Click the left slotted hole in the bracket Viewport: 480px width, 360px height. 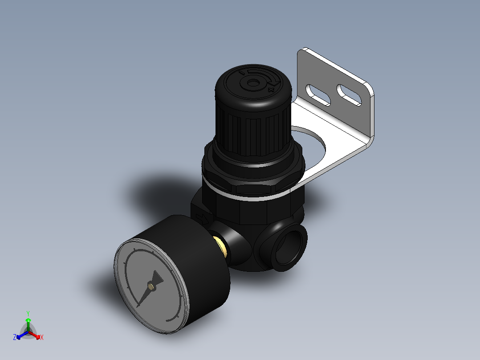[319, 94]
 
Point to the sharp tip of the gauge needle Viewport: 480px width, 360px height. [138, 307]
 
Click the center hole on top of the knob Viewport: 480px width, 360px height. [252, 83]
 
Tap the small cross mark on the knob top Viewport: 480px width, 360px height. [270, 90]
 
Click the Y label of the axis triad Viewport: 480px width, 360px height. [28, 313]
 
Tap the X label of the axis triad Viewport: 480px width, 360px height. [42, 338]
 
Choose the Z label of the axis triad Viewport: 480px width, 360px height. [15, 338]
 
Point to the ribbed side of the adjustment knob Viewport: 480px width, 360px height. [249, 129]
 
